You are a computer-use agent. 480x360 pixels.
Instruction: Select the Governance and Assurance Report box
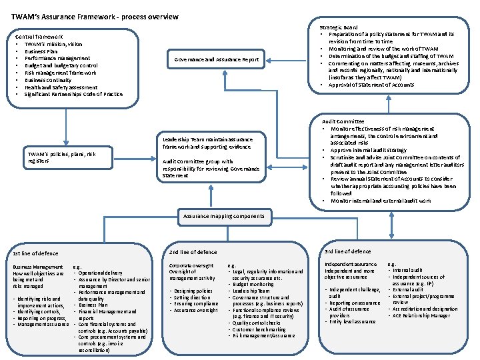[216, 59]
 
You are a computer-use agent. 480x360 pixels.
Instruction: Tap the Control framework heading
[44, 37]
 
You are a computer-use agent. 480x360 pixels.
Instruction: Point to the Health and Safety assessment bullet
[61, 87]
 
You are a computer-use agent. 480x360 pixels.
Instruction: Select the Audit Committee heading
[343, 121]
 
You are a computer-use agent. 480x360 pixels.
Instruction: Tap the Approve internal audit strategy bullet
[373, 150]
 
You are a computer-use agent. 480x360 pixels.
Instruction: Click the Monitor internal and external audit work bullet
[381, 201]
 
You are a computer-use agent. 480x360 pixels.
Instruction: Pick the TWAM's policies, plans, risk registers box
[61, 157]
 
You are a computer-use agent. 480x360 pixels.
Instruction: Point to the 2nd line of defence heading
[193, 252]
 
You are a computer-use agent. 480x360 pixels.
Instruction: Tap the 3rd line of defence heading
[347, 251]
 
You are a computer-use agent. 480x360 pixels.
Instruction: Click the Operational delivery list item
[100, 273]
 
